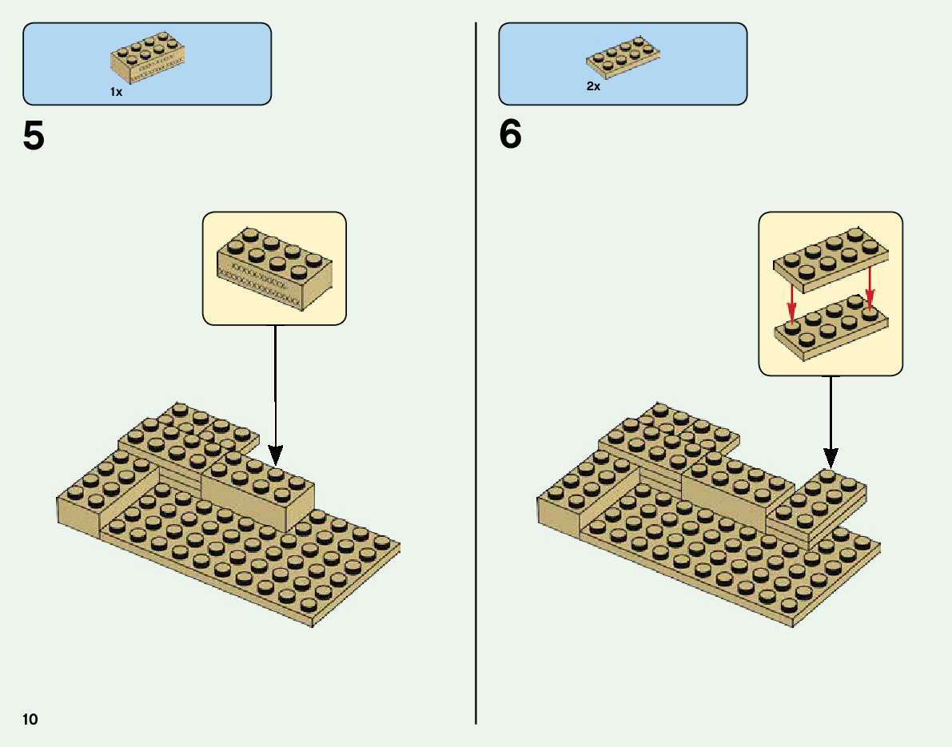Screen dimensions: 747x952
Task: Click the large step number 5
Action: coord(34,136)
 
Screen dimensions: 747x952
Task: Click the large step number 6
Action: coord(510,136)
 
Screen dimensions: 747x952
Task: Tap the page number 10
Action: coord(30,719)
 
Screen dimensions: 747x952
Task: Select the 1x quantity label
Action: coord(116,92)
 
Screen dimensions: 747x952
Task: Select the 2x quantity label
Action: coord(592,86)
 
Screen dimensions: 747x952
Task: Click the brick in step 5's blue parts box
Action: coord(149,57)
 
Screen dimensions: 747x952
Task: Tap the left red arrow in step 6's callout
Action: coord(791,304)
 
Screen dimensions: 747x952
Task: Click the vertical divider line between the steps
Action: coord(476,399)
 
